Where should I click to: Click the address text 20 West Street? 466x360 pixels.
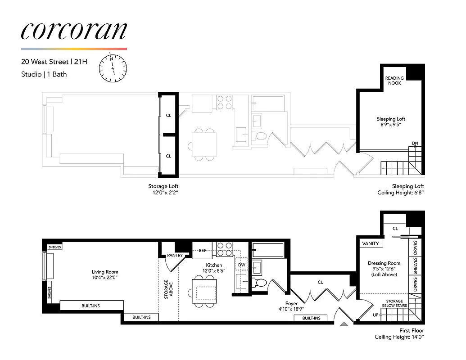(45, 62)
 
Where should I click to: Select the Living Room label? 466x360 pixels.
(105, 274)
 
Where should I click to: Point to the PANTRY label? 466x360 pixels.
(175, 255)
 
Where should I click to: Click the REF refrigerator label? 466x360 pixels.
(203, 251)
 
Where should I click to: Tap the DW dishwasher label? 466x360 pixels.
(242, 265)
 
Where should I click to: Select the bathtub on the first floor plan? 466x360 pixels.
(267, 249)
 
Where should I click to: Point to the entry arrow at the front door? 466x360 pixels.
(344, 324)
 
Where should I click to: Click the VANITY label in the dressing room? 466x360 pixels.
(371, 243)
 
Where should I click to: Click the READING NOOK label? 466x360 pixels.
(394, 81)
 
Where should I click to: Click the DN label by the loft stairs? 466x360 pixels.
(415, 144)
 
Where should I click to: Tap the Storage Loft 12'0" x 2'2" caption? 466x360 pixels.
(166, 189)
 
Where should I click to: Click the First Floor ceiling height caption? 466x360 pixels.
(399, 333)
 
